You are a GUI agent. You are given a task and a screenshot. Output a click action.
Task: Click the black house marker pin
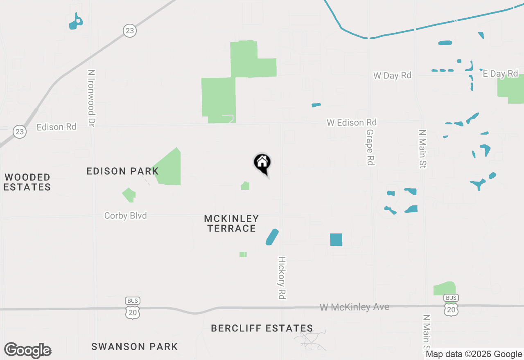pos(262,162)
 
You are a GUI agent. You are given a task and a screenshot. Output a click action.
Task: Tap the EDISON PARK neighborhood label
pos(122,171)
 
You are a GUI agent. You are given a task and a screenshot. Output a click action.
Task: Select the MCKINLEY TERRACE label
pos(231,223)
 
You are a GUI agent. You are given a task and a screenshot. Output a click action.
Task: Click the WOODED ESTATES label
pos(28,182)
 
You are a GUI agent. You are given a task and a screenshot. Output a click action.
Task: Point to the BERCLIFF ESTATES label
pos(262,328)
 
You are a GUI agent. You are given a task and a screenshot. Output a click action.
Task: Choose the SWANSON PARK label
pos(134,346)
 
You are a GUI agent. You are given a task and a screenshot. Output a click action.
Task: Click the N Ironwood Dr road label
pos(91,97)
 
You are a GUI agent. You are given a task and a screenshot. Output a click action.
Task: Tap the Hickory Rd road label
pos(282,278)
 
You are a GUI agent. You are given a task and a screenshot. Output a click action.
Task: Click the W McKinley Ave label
pos(354,307)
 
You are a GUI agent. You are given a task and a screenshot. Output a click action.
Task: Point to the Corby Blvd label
pos(125,216)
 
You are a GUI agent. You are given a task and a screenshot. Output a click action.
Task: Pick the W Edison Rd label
pos(351,122)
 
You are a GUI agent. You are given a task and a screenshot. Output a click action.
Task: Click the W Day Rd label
pos(392,76)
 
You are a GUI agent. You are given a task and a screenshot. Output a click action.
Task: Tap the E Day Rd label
pos(500,74)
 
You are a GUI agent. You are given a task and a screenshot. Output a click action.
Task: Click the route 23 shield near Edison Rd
pos(19,132)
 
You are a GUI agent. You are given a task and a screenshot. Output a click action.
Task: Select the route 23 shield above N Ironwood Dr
pos(129,31)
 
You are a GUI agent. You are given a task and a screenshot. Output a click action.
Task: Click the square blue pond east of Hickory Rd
pos(336,239)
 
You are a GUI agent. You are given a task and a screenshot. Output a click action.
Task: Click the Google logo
pos(27,350)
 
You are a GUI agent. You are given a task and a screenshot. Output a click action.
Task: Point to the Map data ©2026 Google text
pos(474,354)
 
